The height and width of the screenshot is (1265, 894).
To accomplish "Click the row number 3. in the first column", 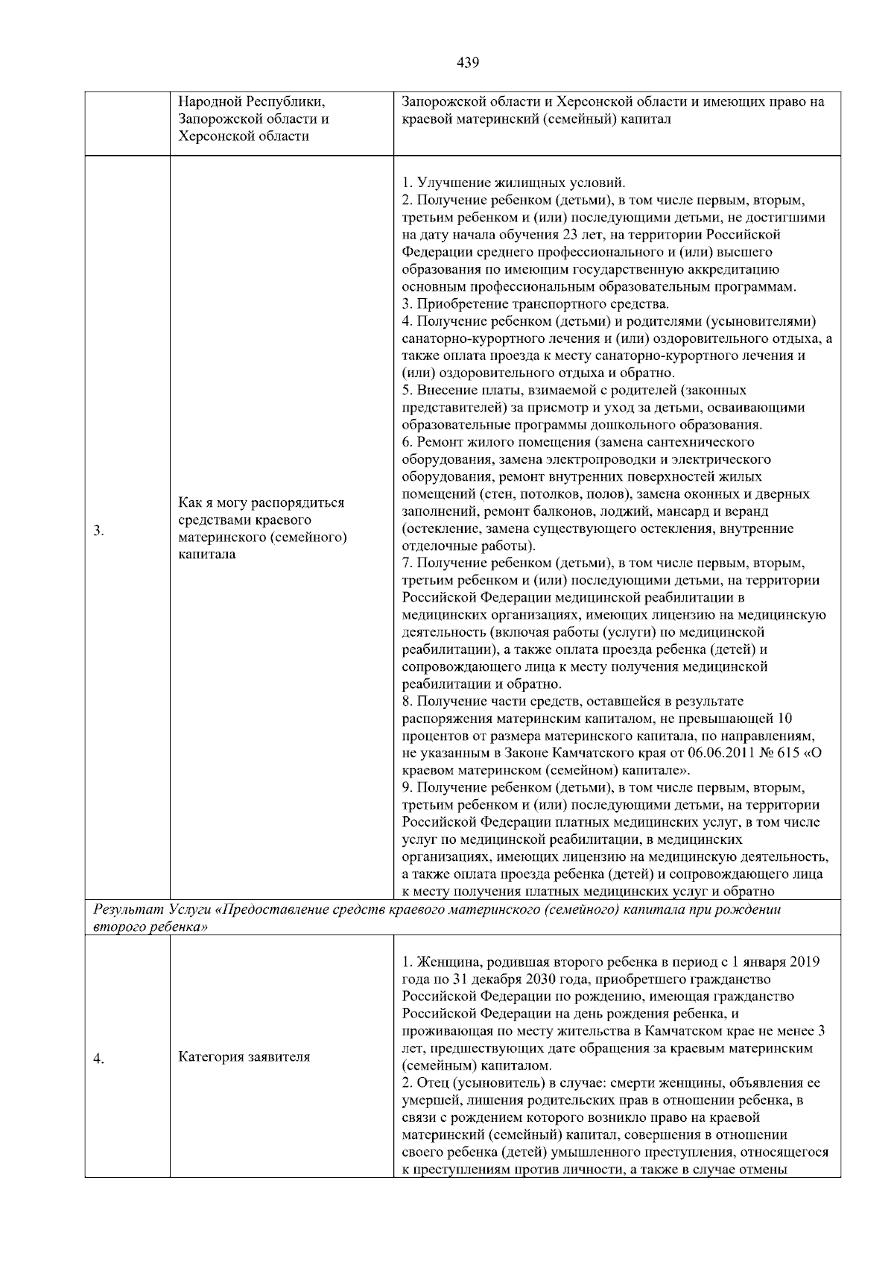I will [98, 531].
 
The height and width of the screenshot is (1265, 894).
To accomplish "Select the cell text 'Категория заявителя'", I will [244, 1057].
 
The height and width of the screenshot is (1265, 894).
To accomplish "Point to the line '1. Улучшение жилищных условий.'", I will [513, 183].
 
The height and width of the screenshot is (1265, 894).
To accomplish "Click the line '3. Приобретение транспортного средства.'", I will [535, 304].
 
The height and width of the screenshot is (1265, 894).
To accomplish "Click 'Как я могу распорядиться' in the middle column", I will [261, 502].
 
